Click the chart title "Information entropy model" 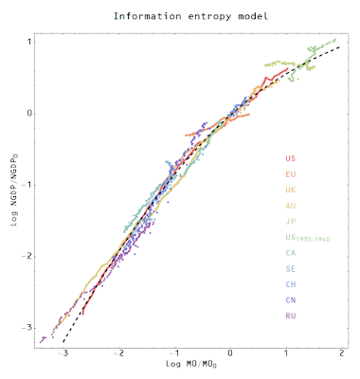190,16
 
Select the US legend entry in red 291,158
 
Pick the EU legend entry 291,174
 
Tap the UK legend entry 291,189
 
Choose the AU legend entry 291,206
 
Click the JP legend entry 291,222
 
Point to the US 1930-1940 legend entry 308,238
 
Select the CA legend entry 291,253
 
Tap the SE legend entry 291,269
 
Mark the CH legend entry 291,284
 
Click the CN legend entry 291,299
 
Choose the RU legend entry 291,316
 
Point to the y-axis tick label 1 28,42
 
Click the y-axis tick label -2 27,257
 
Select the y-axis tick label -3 27,328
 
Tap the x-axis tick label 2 341,353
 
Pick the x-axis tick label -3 63,353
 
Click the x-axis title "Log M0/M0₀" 191,364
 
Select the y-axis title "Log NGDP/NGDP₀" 14,189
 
